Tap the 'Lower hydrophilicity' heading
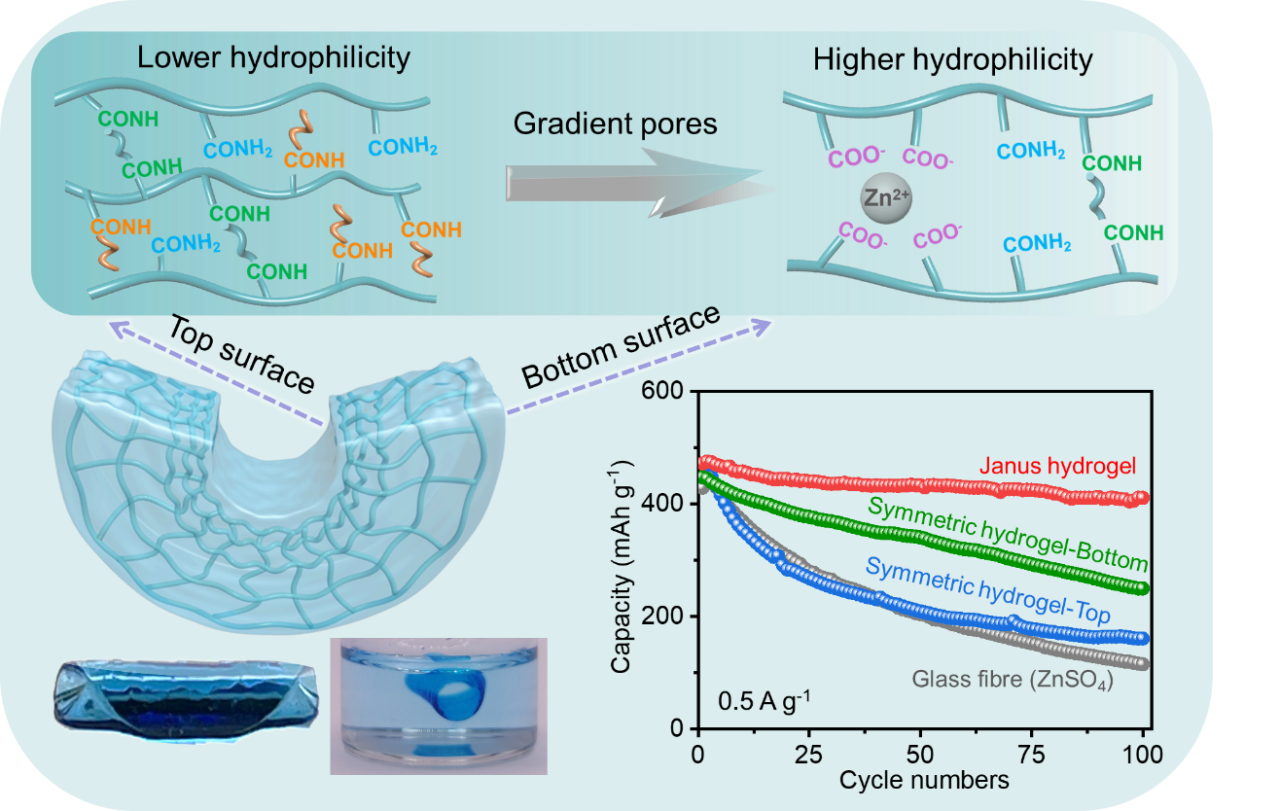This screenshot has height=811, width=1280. point(273,57)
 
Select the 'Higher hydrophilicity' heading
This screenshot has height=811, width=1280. point(952,60)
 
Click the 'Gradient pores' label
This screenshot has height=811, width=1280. point(615,123)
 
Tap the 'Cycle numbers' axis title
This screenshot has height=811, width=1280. point(923,780)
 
